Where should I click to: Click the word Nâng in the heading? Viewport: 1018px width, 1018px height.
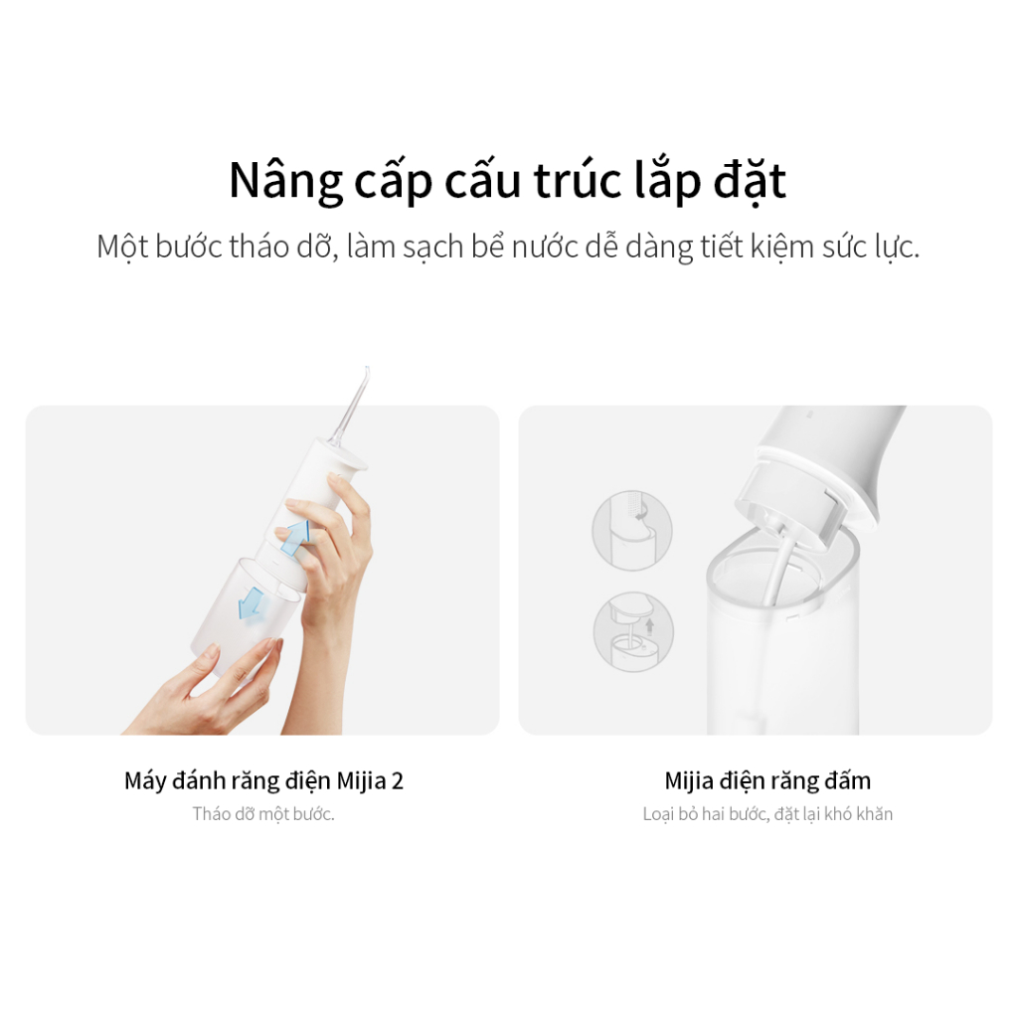[x=285, y=181]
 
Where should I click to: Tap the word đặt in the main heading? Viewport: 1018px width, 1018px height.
[x=750, y=180]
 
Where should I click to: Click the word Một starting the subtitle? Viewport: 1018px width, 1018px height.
[x=122, y=248]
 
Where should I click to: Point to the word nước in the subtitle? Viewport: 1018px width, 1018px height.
[x=545, y=247]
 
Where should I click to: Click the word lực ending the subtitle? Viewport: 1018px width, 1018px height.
[x=898, y=248]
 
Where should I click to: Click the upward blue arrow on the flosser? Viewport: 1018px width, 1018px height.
[x=295, y=536]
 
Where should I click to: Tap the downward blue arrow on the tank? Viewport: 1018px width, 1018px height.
[x=252, y=603]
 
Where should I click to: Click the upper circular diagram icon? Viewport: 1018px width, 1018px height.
[x=631, y=530]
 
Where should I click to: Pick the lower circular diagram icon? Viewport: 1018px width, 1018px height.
[x=633, y=631]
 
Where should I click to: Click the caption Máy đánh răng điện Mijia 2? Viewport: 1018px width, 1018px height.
[x=263, y=780]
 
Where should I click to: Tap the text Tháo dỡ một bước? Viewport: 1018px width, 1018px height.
[x=262, y=814]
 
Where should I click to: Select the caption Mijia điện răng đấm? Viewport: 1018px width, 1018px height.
[x=767, y=780]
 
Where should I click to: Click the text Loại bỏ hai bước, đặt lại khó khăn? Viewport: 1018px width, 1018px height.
[x=767, y=814]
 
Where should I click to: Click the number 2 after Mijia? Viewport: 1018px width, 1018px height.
[x=397, y=780]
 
